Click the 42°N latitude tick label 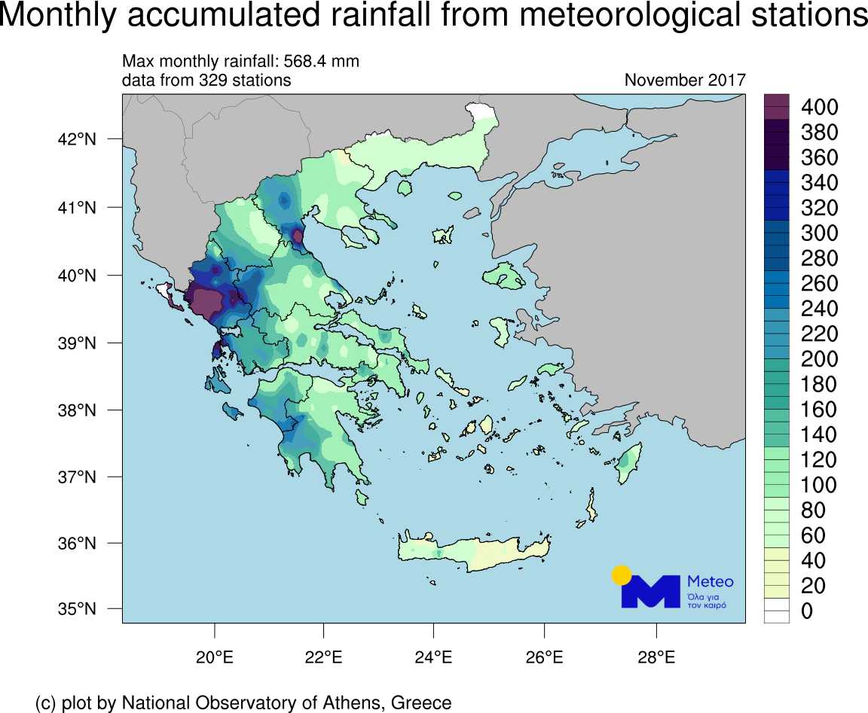[x=77, y=139]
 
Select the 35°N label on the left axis [x=77, y=609]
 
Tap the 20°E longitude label [x=215, y=657]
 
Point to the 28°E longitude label [x=656, y=657]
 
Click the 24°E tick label [x=433, y=657]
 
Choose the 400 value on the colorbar [x=819, y=107]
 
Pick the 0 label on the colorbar [x=807, y=611]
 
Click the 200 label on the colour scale [x=819, y=359]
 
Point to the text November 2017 [x=686, y=81]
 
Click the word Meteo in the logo [x=711, y=581]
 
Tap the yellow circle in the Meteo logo [x=622, y=575]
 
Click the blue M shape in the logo [x=651, y=592]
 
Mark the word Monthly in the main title [x=57, y=15]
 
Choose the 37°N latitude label [x=77, y=477]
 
